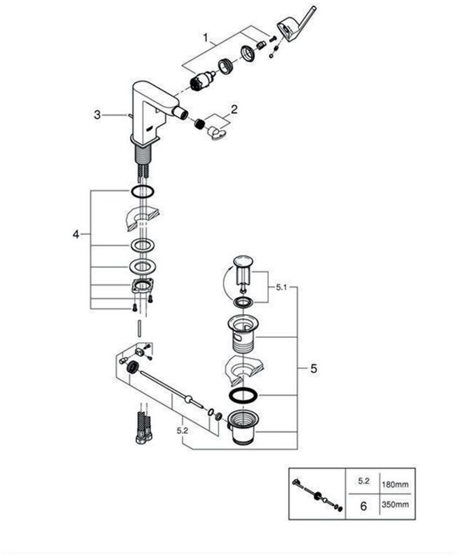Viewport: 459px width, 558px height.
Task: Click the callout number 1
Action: point(205,38)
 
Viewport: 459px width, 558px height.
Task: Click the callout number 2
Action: point(234,109)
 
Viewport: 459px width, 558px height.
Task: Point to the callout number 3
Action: point(97,115)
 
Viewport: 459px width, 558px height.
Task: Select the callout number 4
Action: point(76,235)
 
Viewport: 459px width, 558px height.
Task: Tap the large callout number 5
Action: point(313,368)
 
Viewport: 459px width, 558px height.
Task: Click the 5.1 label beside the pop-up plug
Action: point(281,287)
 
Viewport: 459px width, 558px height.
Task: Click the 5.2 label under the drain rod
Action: point(182,431)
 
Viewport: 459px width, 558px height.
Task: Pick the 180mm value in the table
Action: point(395,484)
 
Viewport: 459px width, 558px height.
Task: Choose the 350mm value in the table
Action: point(395,504)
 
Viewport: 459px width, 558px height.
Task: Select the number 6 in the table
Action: point(363,506)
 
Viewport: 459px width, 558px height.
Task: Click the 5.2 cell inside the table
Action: point(363,481)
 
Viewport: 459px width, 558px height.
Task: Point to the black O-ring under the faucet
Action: point(142,191)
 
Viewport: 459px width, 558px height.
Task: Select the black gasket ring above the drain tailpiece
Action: point(243,396)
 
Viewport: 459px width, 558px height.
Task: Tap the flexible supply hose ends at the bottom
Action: point(144,427)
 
